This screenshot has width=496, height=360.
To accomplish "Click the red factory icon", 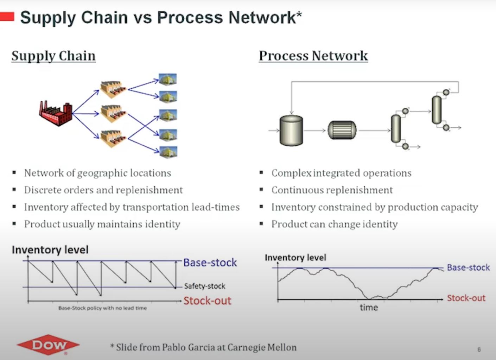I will coord(56,113).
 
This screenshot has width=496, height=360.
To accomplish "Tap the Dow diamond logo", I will coord(48,345).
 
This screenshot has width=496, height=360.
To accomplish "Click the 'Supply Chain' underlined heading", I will coord(53,56).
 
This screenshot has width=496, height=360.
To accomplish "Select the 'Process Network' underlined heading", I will coord(313,56).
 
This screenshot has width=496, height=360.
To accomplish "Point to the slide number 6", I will coord(479,349).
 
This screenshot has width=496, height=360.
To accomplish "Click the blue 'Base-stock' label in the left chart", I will coord(210,263).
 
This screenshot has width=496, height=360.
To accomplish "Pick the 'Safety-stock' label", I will coord(204,286).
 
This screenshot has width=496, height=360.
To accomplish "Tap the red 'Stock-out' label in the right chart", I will coord(466,298).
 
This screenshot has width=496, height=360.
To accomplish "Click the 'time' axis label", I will coord(369,308).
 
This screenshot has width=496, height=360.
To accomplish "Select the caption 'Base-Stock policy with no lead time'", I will coord(102,308).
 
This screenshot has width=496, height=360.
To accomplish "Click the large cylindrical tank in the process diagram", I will coord(291,130).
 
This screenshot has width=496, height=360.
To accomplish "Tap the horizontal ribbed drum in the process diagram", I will coord(342,130).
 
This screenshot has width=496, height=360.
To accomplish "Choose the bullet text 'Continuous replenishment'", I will coord(332,190).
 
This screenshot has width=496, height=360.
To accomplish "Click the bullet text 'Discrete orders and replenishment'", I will coord(103,190).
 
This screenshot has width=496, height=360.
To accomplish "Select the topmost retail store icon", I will coord(168,79).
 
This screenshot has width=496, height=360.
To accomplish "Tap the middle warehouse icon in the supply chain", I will coord(113,113).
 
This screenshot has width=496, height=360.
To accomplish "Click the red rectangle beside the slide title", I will coord(7,17).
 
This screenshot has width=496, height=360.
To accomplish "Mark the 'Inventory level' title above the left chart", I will coord(50,250).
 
